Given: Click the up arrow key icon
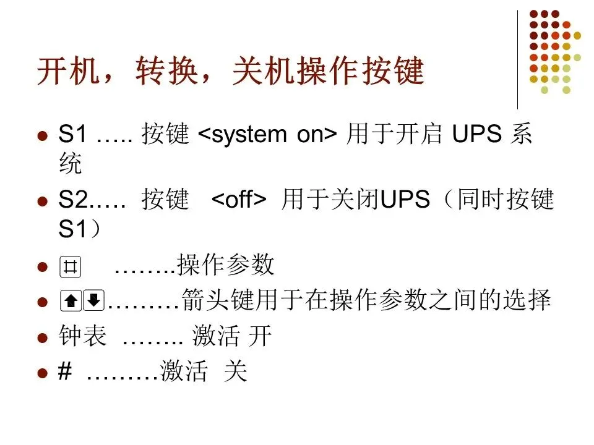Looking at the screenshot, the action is (x=71, y=301).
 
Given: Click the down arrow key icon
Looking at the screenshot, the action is (x=93, y=301).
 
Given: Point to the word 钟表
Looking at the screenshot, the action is (x=82, y=337).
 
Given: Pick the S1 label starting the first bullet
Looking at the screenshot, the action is (x=72, y=135).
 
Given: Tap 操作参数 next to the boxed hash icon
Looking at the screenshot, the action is (x=225, y=266).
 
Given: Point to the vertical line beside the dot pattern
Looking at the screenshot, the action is (x=517, y=59).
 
